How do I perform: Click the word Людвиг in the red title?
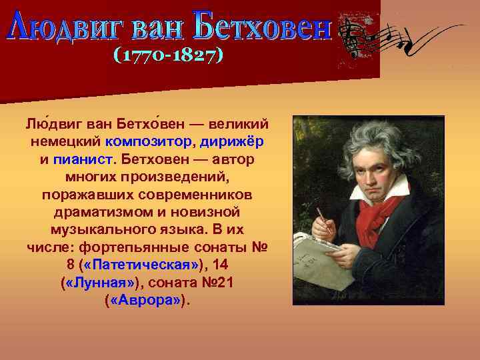tap(63, 26)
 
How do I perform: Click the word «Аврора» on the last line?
tap(145, 300)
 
